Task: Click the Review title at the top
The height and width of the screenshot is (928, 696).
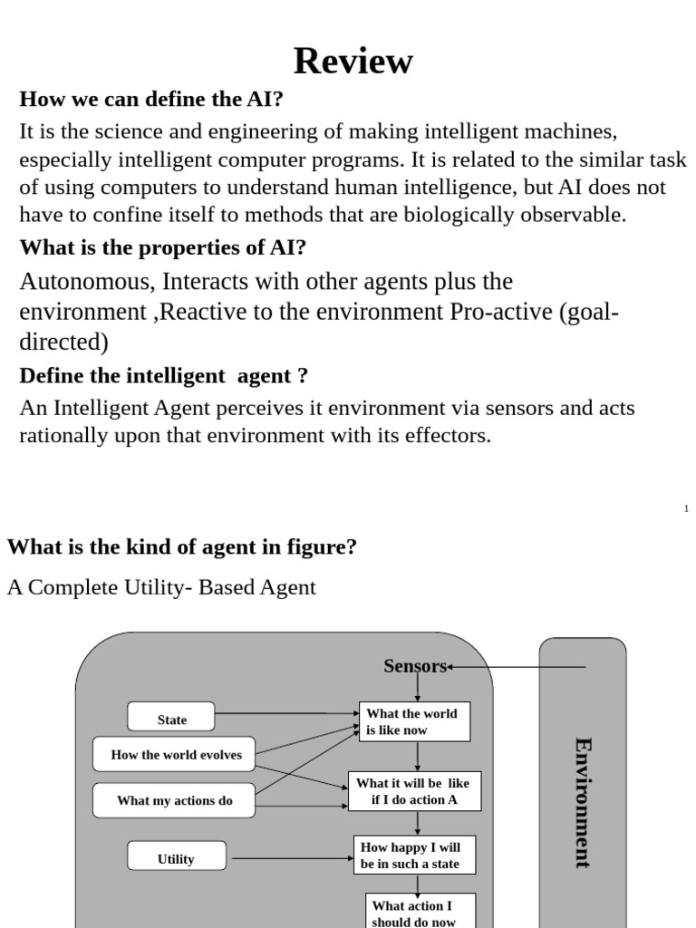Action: pos(353,62)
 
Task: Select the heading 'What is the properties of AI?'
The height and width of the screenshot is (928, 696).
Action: pos(163,247)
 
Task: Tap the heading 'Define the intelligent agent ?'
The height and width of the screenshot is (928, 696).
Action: pos(164,375)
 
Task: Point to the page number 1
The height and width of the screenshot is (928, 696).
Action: pos(687,508)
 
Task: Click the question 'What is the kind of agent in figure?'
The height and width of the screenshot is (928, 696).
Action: pos(182,547)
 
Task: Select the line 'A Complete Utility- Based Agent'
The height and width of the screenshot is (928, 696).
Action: pos(161,587)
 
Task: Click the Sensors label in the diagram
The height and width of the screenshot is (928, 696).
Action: pos(415,666)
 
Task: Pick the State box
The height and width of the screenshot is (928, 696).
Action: pos(171,720)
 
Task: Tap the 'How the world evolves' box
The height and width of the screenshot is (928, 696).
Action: pos(176,754)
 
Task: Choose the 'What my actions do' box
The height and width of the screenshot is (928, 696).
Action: pos(174,800)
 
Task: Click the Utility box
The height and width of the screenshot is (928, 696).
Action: pos(176,858)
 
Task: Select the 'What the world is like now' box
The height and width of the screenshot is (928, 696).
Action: pos(414,721)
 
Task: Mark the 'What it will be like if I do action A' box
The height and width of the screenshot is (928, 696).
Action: pos(414,791)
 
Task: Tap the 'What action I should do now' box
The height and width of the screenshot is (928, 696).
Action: pos(414,912)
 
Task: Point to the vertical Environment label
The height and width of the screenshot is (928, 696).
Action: pos(583,803)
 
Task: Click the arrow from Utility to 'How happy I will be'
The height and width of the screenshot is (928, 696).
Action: pos(290,858)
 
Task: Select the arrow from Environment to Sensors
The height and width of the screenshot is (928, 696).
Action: pos(517,667)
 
